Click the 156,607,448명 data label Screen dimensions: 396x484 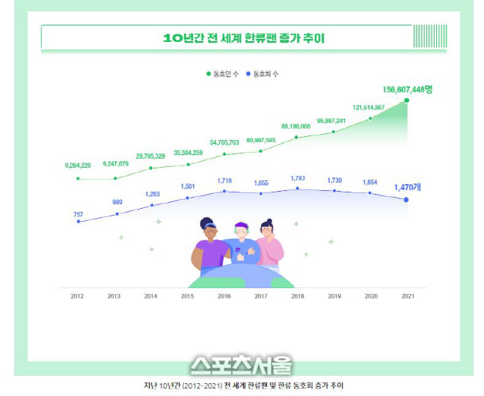pyautogui.click(x=408, y=89)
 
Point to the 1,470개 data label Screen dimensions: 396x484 pyautogui.click(x=408, y=187)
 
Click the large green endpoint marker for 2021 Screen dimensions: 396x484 pyautogui.click(x=407, y=100)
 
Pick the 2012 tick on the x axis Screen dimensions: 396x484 pyautogui.click(x=77, y=296)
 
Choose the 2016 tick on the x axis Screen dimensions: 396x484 pyautogui.click(x=224, y=296)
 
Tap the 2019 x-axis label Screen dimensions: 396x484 pyautogui.click(x=334, y=296)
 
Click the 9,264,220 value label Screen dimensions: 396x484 pyautogui.click(x=78, y=165)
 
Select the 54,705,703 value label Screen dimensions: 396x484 pyautogui.click(x=224, y=141)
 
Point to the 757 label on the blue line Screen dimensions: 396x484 pyautogui.click(x=78, y=215)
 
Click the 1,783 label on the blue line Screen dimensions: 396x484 pyautogui.click(x=298, y=178)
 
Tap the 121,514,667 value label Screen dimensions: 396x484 pyautogui.click(x=369, y=107)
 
